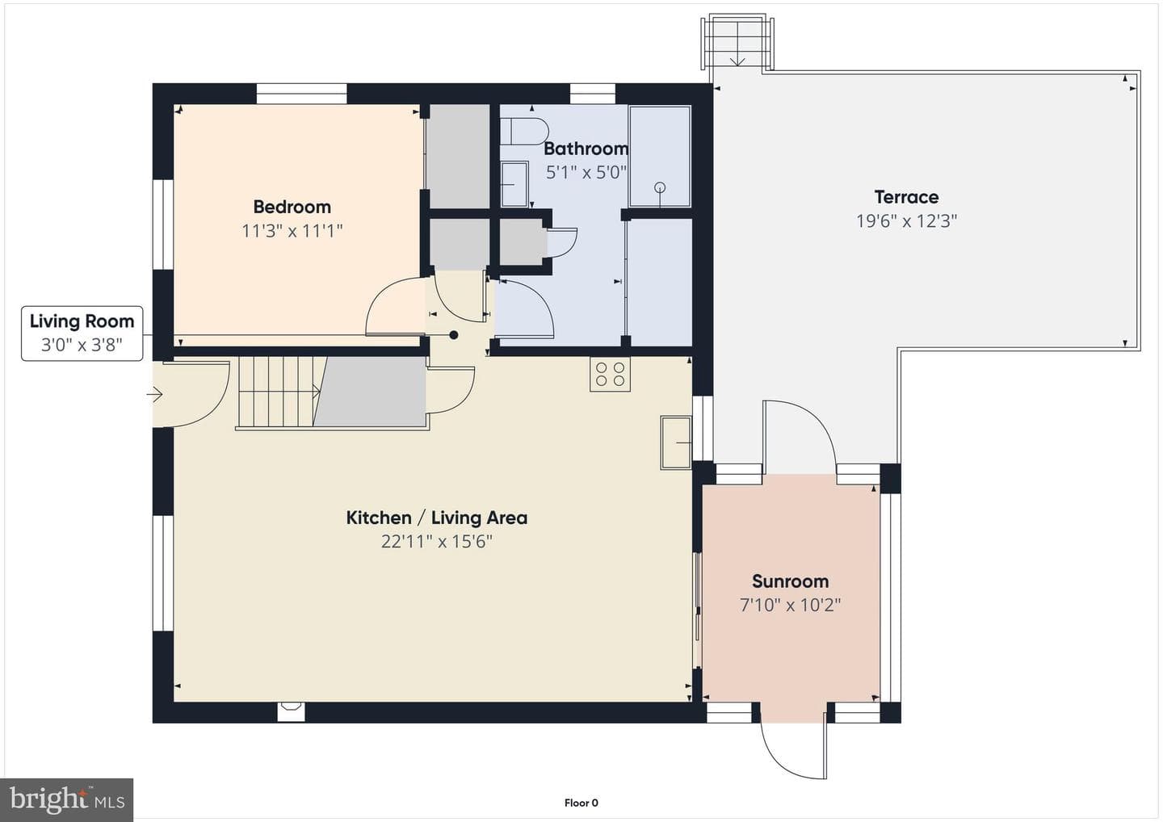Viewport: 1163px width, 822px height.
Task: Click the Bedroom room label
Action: click(292, 207)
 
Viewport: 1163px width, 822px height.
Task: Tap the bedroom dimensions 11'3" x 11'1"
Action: click(292, 231)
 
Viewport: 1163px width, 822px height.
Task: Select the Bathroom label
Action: click(586, 149)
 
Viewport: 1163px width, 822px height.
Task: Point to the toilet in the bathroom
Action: click(524, 132)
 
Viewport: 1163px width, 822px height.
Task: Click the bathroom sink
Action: click(514, 184)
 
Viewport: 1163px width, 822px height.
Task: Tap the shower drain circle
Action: click(660, 187)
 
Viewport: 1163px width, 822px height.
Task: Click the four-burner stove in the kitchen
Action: click(610, 374)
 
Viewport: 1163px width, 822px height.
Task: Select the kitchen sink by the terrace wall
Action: click(676, 442)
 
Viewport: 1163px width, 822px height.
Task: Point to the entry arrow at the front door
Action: click(155, 394)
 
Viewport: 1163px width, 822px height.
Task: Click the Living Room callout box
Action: click(82, 333)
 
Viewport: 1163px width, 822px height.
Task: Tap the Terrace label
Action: click(906, 197)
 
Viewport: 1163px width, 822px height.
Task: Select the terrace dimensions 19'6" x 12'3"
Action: click(906, 221)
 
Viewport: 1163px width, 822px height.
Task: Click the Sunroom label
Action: click(790, 581)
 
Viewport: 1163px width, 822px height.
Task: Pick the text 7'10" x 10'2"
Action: click(790, 605)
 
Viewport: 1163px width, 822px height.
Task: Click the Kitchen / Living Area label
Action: click(437, 518)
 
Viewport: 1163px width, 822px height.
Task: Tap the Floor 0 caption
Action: click(581, 803)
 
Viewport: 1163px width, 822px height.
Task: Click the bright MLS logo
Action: click(66, 799)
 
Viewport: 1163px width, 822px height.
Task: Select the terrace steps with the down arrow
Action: click(737, 43)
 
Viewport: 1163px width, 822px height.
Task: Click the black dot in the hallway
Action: click(454, 335)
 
